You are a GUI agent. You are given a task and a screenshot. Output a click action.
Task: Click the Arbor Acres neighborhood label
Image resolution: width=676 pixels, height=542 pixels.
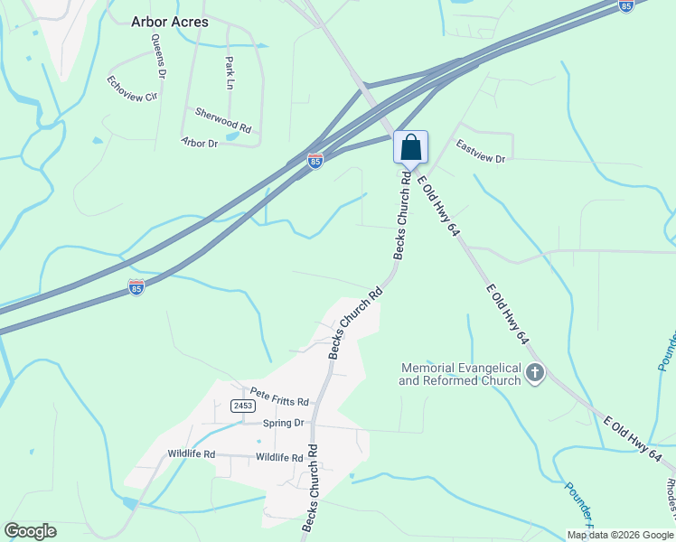pyautogui.click(x=169, y=22)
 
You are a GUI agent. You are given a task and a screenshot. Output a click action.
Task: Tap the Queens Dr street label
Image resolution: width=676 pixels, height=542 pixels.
pyautogui.click(x=160, y=56)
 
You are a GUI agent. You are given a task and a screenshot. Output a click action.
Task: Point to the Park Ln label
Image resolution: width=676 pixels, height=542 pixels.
pyautogui.click(x=230, y=73)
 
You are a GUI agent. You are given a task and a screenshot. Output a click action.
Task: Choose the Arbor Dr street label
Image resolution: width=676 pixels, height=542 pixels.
pyautogui.click(x=200, y=143)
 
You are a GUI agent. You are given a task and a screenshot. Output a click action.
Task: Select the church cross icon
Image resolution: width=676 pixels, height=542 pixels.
pyautogui.click(x=535, y=372)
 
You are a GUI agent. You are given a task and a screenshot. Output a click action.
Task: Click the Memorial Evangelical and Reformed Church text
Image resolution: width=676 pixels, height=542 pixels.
pyautogui.click(x=461, y=374)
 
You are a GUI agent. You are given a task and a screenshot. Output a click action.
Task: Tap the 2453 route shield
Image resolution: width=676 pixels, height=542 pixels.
pyautogui.click(x=240, y=406)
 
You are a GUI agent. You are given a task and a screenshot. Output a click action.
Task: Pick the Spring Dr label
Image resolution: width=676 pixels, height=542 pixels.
pyautogui.click(x=283, y=423)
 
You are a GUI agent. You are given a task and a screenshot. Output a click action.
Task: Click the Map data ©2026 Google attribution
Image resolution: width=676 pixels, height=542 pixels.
pyautogui.click(x=620, y=535)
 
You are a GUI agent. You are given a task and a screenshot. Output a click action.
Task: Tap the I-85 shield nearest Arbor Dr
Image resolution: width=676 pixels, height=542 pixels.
pyautogui.click(x=315, y=162)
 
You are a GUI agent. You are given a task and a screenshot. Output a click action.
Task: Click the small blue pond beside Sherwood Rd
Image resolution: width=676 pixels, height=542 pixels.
pyautogui.click(x=232, y=136)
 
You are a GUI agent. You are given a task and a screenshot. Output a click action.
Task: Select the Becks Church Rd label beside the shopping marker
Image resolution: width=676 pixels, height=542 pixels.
pyautogui.click(x=404, y=213)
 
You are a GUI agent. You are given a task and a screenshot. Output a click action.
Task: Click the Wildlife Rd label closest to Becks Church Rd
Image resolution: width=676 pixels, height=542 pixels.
pyautogui.click(x=278, y=458)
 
